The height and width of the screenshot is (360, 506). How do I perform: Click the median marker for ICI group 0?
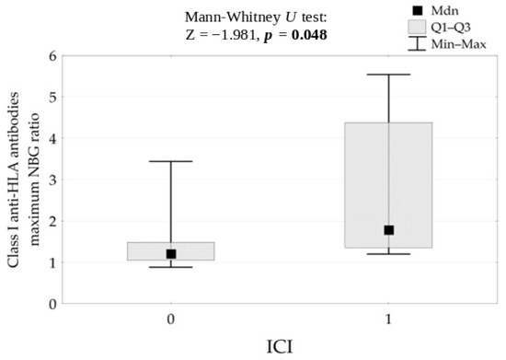[x=171, y=254]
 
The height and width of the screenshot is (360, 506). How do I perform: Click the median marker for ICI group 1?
[x=388, y=230]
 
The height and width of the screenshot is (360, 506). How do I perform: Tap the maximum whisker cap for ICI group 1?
[x=388, y=75]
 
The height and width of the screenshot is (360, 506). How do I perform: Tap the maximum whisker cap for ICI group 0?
[x=171, y=161]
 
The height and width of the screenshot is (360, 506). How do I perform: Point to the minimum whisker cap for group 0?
[x=171, y=267]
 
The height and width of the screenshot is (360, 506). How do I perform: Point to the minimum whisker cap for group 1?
[x=388, y=254]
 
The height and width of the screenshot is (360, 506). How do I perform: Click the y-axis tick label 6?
[x=53, y=56]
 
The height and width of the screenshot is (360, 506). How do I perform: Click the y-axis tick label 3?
[x=53, y=180]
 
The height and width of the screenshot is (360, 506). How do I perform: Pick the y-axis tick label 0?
[x=53, y=304]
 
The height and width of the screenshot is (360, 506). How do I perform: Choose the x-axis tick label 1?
[x=388, y=319]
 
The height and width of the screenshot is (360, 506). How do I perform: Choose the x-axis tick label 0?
[x=171, y=319]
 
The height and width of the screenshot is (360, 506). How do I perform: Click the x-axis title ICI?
[x=280, y=347]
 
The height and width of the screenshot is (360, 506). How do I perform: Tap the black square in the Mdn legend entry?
[x=418, y=11]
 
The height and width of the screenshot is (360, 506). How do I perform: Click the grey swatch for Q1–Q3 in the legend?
[x=417, y=27]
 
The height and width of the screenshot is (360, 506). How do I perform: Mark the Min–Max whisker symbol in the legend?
[x=417, y=43]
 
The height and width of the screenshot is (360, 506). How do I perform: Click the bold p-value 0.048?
[x=309, y=35]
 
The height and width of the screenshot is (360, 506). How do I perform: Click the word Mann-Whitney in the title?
[x=233, y=17]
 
